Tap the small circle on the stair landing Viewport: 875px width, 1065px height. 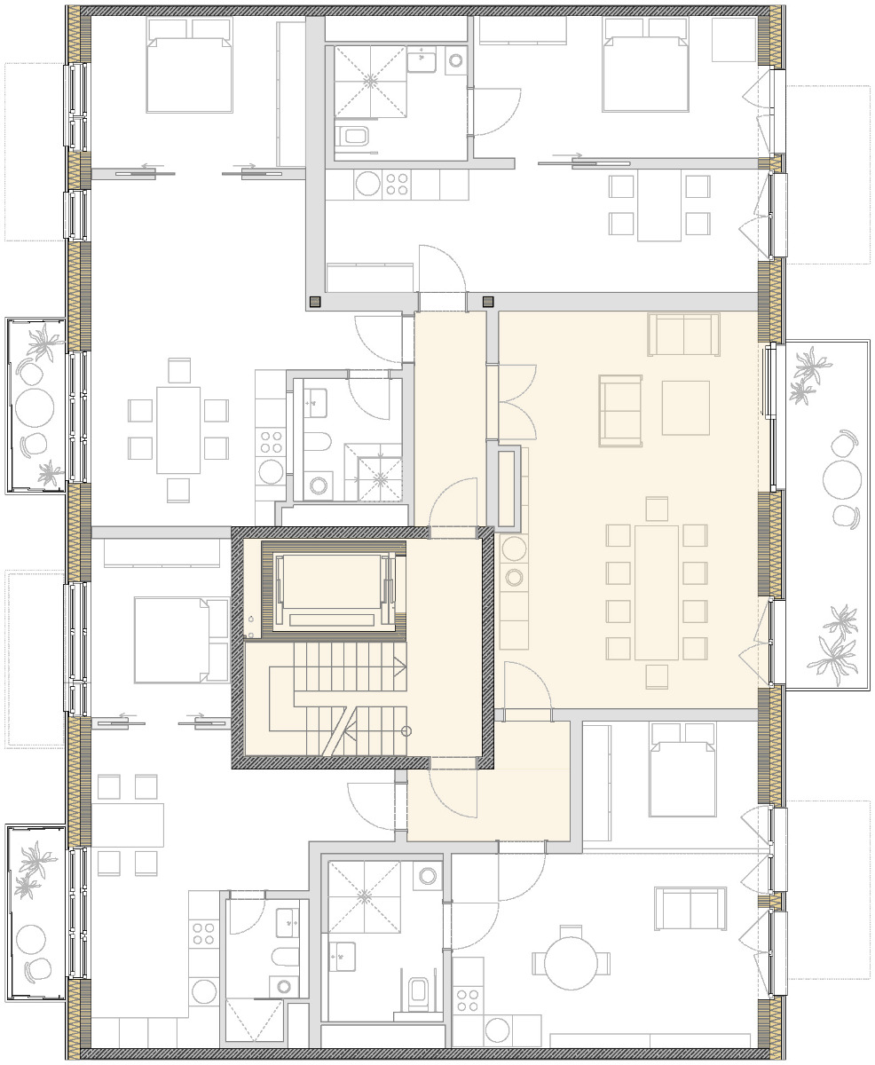(406, 731)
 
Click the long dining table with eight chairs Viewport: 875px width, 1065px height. (657, 591)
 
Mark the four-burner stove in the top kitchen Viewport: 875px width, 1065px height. (398, 184)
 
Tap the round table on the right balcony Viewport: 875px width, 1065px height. (841, 480)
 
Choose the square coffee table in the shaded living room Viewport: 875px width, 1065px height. (685, 407)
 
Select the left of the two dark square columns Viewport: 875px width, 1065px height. (314, 302)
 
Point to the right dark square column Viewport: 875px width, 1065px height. (487, 302)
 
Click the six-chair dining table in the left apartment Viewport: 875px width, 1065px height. (178, 429)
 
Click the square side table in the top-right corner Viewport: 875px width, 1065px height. (733, 39)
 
